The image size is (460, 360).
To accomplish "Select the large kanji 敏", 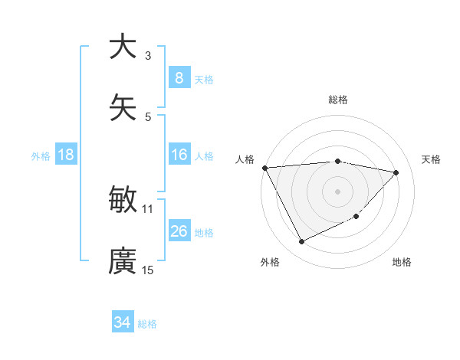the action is [123, 201].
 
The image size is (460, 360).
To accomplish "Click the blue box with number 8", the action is [179, 77].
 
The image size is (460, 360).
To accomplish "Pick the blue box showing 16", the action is [179, 155].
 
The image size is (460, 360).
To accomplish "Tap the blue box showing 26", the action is [179, 231].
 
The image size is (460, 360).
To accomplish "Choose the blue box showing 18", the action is [66, 155].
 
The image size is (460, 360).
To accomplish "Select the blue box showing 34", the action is [123, 322].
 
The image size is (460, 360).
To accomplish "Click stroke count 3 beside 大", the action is [148, 56].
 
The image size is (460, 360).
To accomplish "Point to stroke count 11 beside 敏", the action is [148, 208].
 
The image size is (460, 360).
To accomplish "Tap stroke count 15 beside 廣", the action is [148, 270].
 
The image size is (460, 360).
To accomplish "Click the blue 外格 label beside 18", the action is [41, 155].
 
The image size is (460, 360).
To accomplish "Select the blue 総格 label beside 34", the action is [147, 324].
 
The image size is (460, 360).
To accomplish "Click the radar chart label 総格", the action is [338, 100].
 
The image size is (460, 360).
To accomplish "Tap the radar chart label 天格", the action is [432, 159].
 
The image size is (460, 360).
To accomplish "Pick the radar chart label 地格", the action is [402, 262].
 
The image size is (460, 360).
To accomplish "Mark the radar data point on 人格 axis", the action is [264, 168].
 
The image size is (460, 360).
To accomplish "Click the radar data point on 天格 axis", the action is [396, 172].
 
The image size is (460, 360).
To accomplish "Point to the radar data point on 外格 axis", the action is [301, 242].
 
